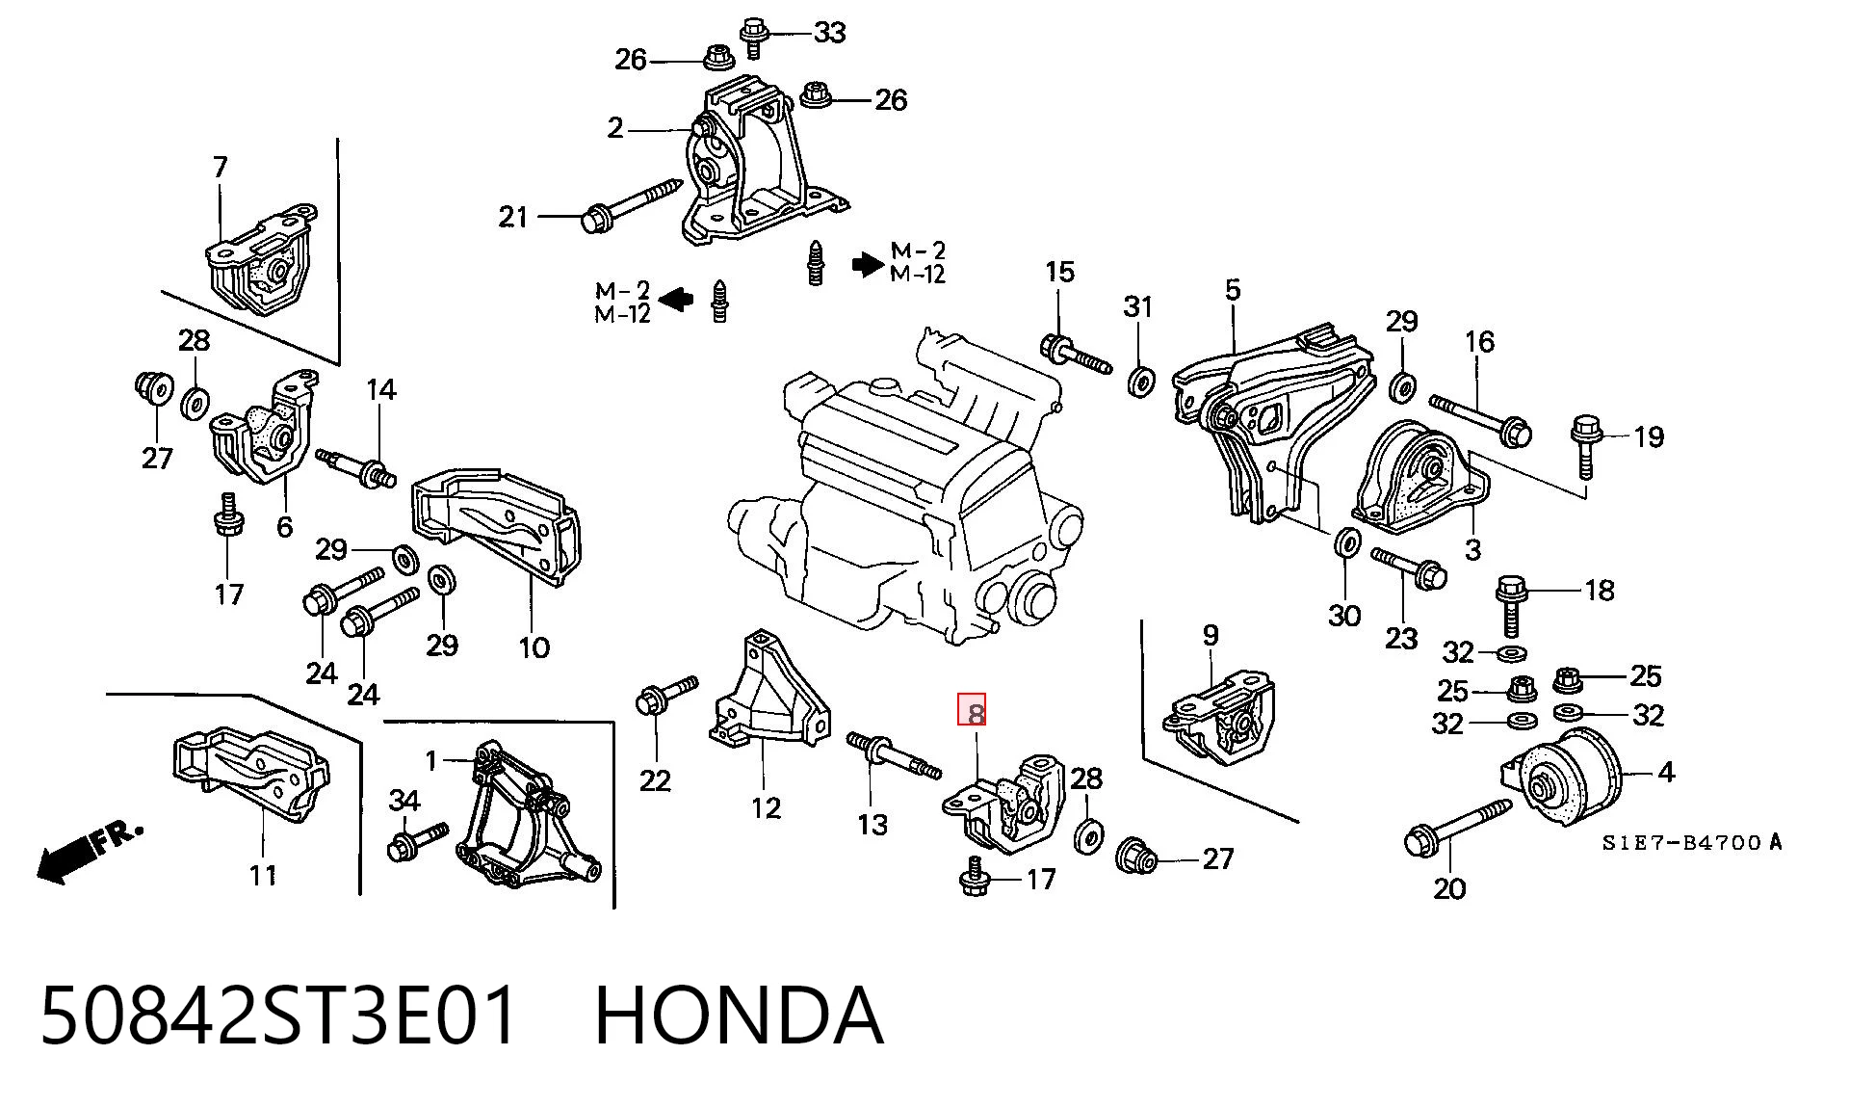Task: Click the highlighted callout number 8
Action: (x=971, y=710)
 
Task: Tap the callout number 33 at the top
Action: (x=829, y=33)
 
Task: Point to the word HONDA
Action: (x=739, y=1015)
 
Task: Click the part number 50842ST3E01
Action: (x=279, y=1015)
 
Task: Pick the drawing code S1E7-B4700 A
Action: (x=1692, y=843)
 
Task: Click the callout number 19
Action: (x=1649, y=437)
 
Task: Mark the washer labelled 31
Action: (x=1141, y=381)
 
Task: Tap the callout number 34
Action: (x=404, y=800)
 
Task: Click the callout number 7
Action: (x=221, y=167)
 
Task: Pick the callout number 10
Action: (x=534, y=646)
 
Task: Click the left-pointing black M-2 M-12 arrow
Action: (x=676, y=299)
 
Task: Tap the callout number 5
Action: (x=1234, y=289)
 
